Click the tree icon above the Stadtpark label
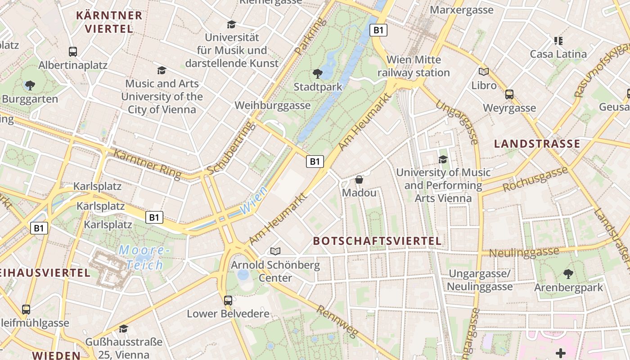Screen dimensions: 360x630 317,73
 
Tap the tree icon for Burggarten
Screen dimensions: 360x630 30,85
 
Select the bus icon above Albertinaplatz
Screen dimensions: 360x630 72,51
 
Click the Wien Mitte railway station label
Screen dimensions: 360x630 414,66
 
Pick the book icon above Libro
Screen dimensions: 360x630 484,72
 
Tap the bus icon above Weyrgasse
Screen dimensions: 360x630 509,94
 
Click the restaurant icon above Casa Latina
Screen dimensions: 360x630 558,41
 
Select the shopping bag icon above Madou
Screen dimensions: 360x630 359,180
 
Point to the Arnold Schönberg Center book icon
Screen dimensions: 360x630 275,251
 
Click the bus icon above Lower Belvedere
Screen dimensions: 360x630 228,300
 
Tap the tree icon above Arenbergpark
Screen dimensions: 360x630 568,274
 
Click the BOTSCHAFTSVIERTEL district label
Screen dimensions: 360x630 377,241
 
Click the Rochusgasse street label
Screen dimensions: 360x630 535,179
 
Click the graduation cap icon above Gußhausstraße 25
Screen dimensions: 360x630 123,328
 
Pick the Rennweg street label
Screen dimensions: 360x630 337,321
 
